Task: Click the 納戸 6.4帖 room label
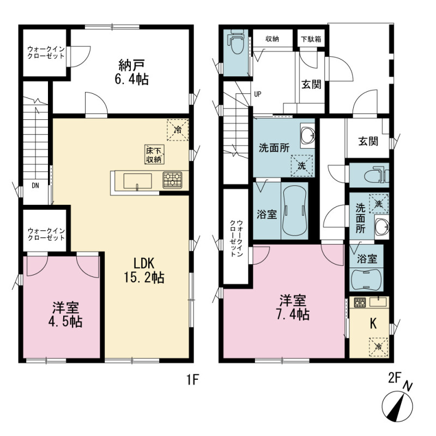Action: (x=131, y=72)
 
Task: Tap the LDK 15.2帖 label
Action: (x=144, y=270)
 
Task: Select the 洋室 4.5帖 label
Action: (x=65, y=315)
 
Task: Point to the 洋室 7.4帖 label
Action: (x=293, y=307)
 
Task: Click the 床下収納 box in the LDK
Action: (x=154, y=155)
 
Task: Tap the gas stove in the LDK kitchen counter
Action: (x=172, y=179)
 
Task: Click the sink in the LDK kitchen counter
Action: (x=138, y=181)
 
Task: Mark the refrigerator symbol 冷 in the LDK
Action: (x=178, y=130)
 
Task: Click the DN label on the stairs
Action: (x=35, y=185)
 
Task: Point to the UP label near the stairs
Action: (x=258, y=94)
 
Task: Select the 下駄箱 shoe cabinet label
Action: (x=311, y=39)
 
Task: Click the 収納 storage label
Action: (x=272, y=39)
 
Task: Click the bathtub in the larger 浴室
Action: (x=295, y=211)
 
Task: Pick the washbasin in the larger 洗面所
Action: (x=308, y=135)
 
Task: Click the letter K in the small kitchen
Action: (x=373, y=324)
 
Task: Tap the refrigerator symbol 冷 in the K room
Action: (x=378, y=347)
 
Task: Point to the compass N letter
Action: (x=408, y=387)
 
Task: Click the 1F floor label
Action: (x=192, y=379)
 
